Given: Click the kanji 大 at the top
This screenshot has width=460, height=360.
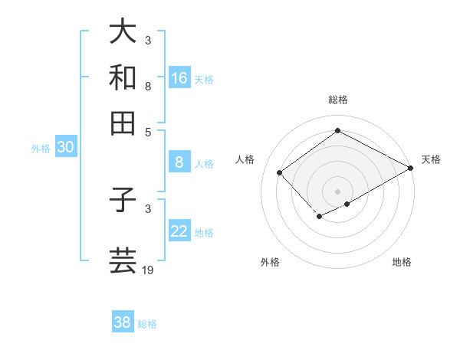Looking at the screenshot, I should click(123, 31).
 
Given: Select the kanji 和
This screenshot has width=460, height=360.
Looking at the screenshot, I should click(123, 77).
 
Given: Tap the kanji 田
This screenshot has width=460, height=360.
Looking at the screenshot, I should click(123, 123).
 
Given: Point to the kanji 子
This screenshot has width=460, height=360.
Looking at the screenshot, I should click(123, 198).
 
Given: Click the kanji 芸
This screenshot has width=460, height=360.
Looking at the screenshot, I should click(123, 260).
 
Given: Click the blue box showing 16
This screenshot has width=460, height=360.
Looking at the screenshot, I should click(179, 77).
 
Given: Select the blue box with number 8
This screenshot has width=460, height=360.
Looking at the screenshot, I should click(179, 162).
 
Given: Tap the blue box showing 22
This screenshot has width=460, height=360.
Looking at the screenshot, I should click(179, 231).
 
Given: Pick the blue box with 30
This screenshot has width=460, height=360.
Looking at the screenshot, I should click(65, 148).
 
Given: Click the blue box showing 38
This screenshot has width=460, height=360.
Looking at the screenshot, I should click(123, 322).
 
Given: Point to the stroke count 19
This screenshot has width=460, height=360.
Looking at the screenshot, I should click(149, 270).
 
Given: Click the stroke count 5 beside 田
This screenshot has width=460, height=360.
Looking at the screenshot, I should click(148, 132).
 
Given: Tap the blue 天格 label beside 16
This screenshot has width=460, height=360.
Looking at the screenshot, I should click(204, 79).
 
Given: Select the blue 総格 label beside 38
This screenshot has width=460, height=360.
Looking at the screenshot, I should click(147, 324).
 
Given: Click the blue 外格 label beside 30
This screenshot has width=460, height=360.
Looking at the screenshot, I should click(40, 149).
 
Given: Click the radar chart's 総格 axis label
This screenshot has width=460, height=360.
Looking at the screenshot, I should click(337, 100).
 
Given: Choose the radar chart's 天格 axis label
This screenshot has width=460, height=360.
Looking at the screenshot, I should click(431, 159).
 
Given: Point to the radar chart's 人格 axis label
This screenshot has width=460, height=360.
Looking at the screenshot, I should click(245, 159).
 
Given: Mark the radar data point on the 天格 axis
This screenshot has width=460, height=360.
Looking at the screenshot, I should click(411, 168).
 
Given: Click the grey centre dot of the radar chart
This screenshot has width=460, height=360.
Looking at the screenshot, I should click(337, 191).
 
